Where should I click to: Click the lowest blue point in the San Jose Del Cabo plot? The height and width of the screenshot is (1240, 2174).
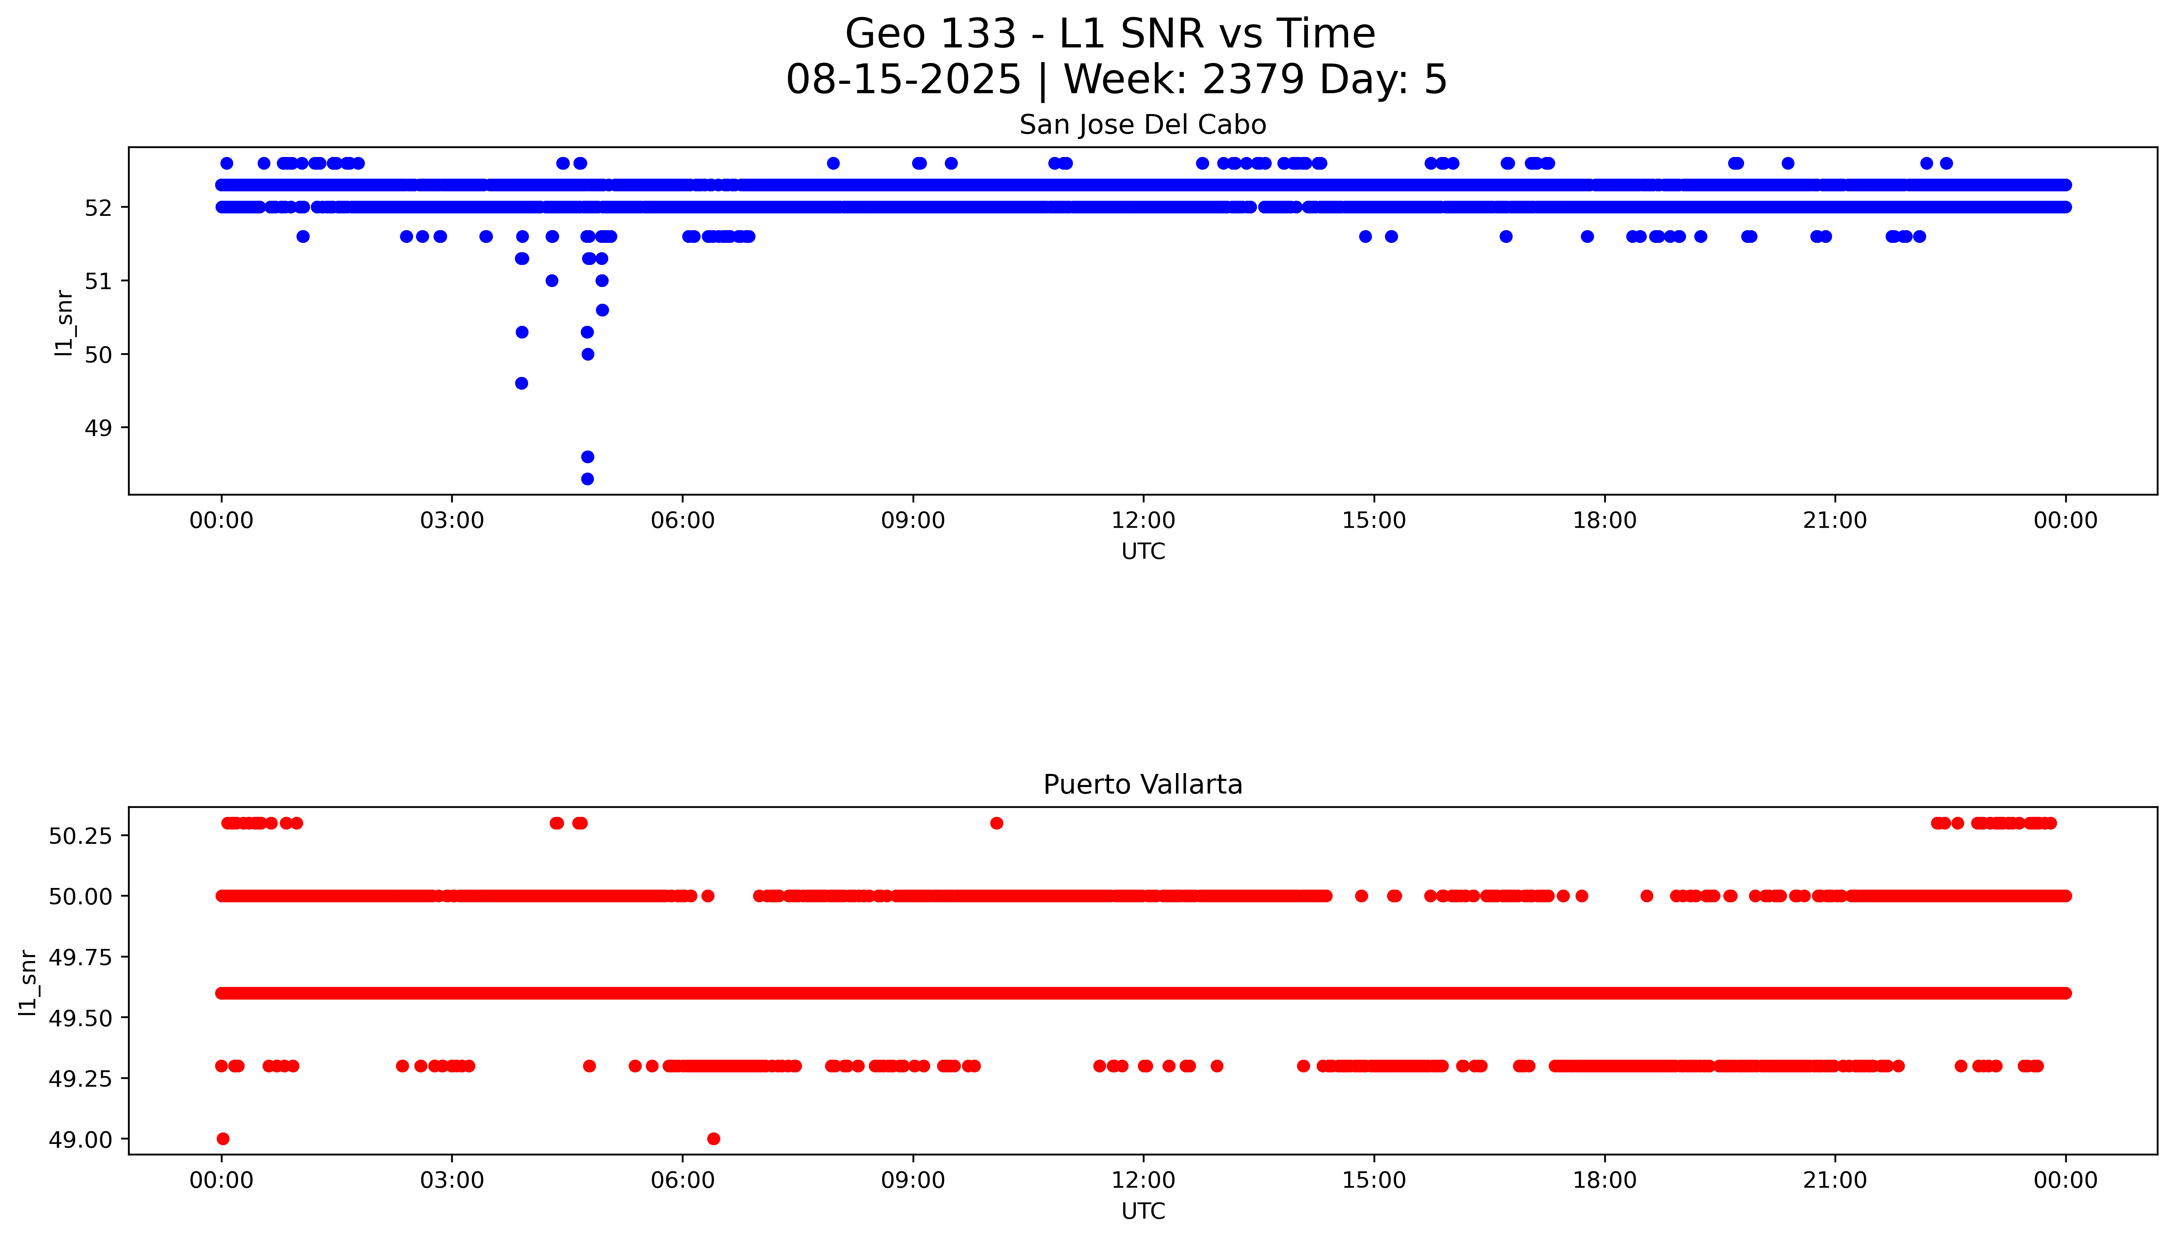(587, 479)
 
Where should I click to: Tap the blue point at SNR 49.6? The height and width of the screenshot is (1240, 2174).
(522, 383)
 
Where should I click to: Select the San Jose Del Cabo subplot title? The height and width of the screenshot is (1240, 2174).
(1142, 125)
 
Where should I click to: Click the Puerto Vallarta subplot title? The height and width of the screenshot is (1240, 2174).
(1142, 785)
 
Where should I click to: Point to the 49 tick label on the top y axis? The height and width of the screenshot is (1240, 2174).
(98, 428)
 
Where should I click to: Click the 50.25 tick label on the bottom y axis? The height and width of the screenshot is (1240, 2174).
(80, 836)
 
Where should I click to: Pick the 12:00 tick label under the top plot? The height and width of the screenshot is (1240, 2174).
(1142, 520)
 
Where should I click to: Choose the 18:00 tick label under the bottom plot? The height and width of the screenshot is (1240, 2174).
(1604, 1180)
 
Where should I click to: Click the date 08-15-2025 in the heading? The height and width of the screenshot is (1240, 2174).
(903, 79)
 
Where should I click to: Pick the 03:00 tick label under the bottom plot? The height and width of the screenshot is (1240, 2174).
(452, 1180)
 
